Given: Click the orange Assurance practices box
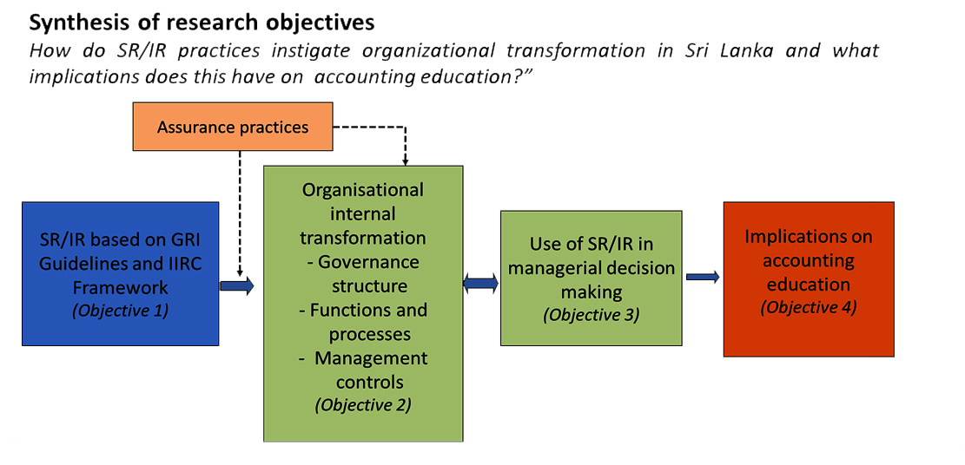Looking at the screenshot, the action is coord(233,127).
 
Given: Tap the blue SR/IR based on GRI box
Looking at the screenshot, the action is coord(121,274).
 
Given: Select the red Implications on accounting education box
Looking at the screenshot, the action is coord(809,278).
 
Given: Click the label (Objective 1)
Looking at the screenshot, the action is coord(120,311).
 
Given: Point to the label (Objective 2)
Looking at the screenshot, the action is coord(363,405).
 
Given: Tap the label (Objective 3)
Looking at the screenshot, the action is coord(591,315).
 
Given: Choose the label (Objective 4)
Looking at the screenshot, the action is coord(809,307).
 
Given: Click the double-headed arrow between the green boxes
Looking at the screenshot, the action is coord(481,283).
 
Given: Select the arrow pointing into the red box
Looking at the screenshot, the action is coord(703,277).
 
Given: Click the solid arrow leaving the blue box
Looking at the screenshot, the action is coord(237,285).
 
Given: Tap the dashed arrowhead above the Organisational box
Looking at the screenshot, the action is coord(405,161).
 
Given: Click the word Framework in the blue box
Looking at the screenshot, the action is coord(121,288).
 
